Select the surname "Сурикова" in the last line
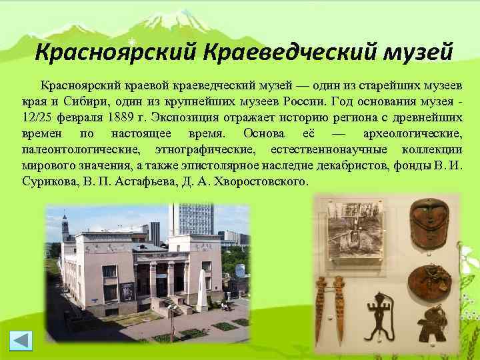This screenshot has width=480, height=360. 47,179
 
